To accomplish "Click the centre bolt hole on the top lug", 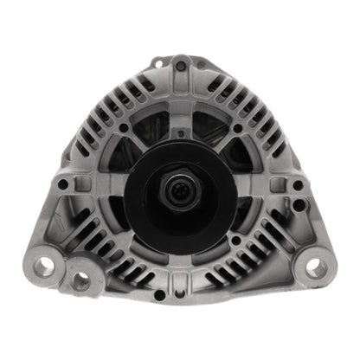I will click(x=181, y=66).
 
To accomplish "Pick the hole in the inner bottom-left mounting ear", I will click(x=81, y=279).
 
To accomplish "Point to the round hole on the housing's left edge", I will click(x=63, y=184).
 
